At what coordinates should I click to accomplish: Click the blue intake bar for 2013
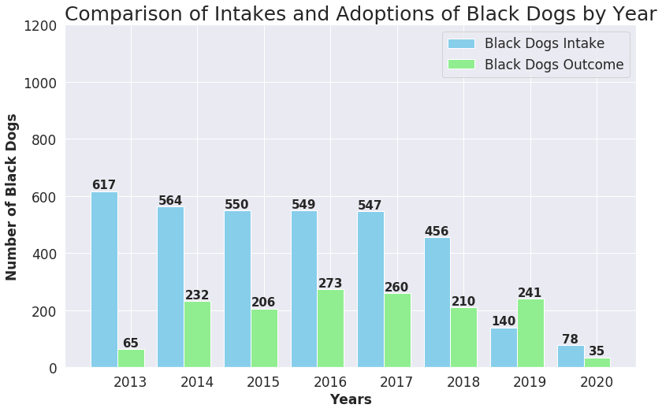[x=104, y=280]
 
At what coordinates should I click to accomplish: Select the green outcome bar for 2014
[x=198, y=335]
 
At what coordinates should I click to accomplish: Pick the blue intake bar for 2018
[x=437, y=303]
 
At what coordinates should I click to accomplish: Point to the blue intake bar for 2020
[x=571, y=356]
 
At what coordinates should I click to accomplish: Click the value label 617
[x=104, y=185]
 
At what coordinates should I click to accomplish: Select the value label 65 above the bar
[x=131, y=343]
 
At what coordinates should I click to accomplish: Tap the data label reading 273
[x=331, y=284]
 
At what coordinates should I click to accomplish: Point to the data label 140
[x=504, y=321]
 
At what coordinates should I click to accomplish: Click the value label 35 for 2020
[x=597, y=351]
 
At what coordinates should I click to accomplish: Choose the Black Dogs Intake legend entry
[x=545, y=43]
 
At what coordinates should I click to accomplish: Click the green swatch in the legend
[x=461, y=65]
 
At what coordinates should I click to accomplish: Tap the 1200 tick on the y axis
[x=39, y=26]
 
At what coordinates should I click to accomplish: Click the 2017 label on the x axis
[x=397, y=383]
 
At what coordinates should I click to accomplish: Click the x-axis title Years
[x=351, y=399]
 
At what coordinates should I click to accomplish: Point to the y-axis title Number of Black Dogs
[x=12, y=197]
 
